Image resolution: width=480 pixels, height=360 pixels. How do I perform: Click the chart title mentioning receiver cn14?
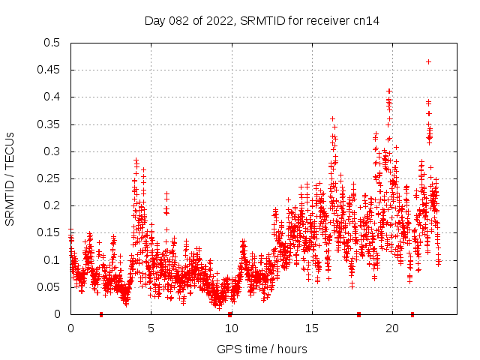262,21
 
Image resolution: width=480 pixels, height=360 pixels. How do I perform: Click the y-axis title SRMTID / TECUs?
10,178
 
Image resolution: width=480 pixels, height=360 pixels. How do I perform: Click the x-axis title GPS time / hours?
262,349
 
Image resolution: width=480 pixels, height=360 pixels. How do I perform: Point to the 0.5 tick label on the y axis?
52,43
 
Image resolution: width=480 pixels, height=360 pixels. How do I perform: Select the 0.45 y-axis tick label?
49,70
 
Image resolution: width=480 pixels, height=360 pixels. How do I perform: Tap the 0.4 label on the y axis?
52,97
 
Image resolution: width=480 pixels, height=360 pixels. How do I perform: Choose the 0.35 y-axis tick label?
49,124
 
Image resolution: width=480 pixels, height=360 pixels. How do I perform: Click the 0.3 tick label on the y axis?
52,151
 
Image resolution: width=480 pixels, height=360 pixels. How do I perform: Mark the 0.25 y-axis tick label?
49,178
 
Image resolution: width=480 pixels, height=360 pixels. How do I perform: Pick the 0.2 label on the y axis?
52,205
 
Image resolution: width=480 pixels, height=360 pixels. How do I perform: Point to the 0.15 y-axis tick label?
49,232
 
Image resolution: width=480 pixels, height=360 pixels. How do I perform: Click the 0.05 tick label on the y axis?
49,287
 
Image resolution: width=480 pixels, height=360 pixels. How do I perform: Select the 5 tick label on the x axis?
151,328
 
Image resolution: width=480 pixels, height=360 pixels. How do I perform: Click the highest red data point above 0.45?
428,61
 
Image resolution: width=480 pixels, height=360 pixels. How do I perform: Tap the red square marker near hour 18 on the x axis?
359,314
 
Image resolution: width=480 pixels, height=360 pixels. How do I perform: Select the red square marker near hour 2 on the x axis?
101,314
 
